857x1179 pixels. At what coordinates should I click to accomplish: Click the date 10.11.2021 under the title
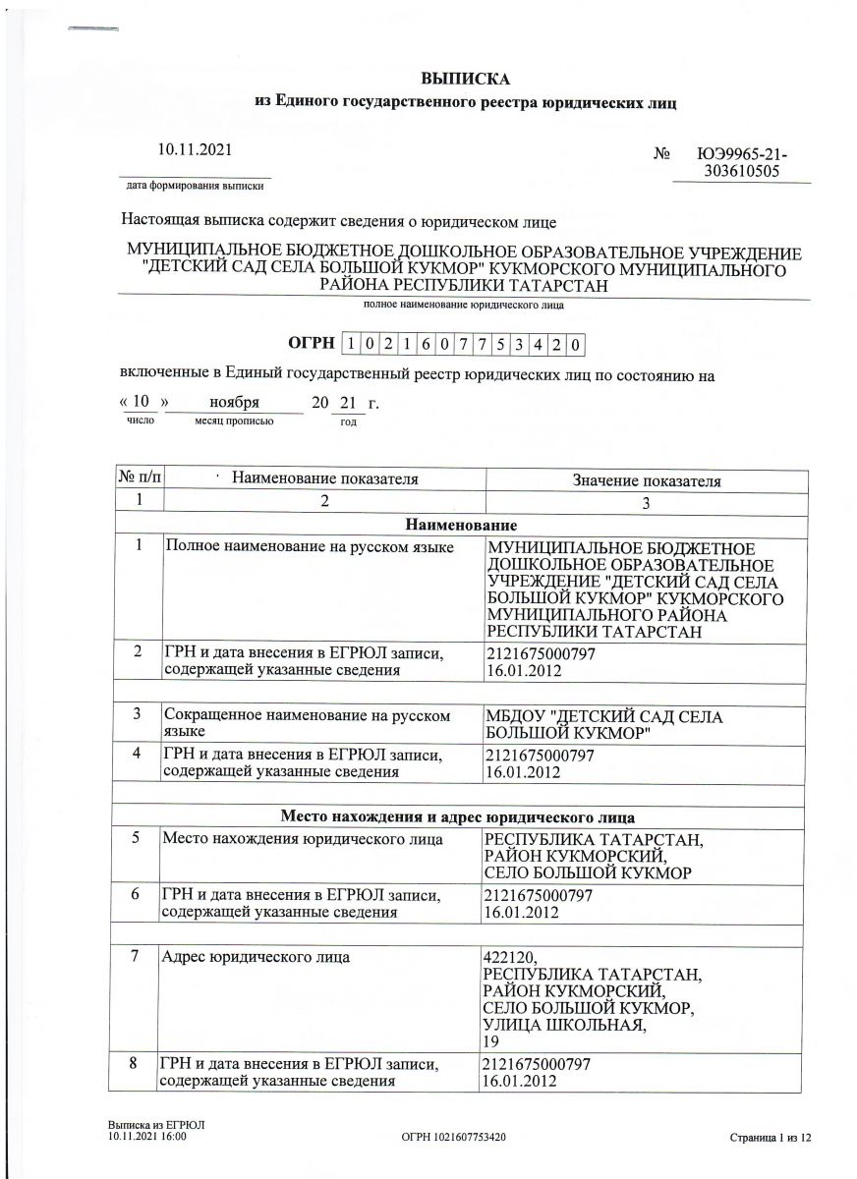197,149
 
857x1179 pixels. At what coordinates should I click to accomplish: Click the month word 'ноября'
234,403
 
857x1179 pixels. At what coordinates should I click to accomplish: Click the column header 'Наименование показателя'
324,478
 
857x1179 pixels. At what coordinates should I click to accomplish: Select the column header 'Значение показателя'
646,480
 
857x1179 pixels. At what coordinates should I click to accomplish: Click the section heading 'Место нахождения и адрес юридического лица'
457,816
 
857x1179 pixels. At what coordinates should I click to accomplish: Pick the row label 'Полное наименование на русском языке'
308,546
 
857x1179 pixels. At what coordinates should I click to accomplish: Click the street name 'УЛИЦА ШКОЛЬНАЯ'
565,1027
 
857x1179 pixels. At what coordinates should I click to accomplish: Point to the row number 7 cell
138,956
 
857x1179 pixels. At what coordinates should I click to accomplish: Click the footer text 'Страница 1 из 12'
772,1137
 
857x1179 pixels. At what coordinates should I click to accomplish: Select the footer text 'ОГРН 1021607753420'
454,1137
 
